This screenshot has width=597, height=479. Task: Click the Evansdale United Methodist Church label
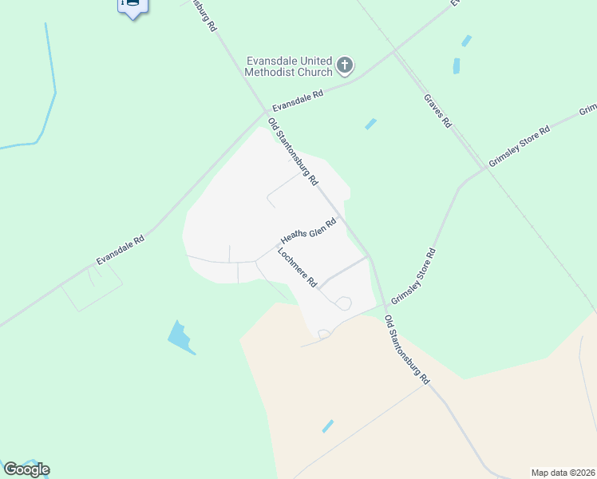point(289,66)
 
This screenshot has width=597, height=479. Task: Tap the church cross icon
point(345,65)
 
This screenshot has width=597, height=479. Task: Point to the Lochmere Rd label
point(298,268)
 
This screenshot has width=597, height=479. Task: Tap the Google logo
point(26,469)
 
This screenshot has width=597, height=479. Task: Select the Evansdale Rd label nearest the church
point(298,101)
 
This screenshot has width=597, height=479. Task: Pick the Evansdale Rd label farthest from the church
point(120,250)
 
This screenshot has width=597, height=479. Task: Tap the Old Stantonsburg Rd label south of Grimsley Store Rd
point(408,350)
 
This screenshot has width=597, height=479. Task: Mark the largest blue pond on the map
point(180,337)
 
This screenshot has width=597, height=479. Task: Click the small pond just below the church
point(370,124)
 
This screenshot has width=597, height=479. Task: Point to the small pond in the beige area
point(328,426)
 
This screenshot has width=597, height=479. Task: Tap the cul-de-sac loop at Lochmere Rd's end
point(344,303)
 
